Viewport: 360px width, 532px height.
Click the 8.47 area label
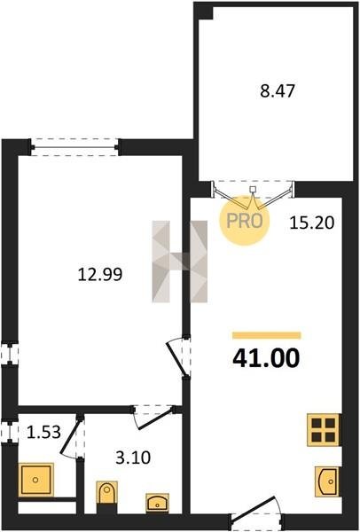tap(278, 91)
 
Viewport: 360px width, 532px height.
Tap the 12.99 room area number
tap(100, 274)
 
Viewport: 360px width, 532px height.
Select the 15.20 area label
tap(312, 223)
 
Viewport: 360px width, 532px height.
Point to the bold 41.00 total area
tap(266, 358)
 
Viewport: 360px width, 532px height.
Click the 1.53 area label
tap(43, 433)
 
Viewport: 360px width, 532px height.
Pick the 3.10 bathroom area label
tap(133, 458)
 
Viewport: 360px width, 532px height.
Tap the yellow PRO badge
tap(245, 221)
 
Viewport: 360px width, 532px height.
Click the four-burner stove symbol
tap(324, 429)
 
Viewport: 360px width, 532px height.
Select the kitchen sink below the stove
tap(326, 481)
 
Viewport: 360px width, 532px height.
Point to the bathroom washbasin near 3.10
tap(158, 503)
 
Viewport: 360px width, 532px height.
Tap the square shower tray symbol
tap(35, 480)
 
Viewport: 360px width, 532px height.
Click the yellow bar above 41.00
tap(267, 335)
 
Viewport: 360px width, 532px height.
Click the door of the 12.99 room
tap(178, 356)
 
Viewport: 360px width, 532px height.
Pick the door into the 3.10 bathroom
tap(153, 418)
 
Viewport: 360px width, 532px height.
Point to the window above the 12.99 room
tap(74, 147)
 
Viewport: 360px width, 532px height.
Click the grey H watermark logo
tap(180, 262)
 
